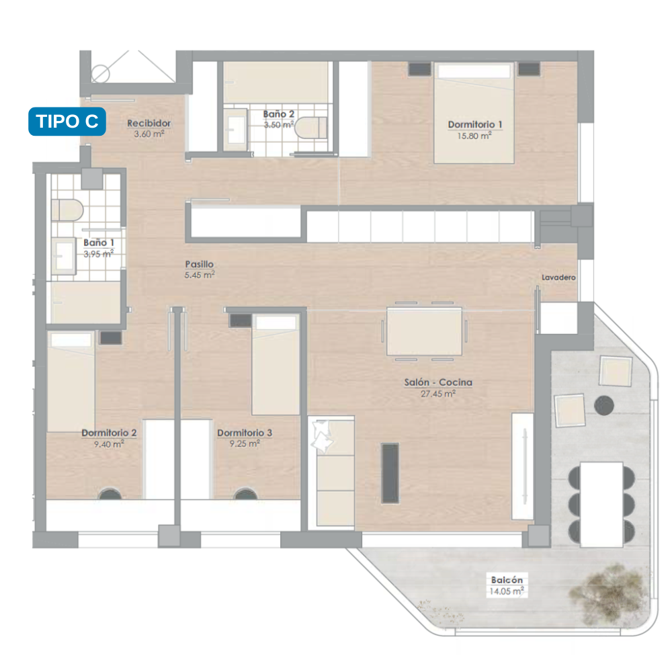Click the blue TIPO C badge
67,121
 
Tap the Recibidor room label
149,123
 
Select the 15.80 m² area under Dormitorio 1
474,136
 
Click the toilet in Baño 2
311,127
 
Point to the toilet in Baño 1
67,210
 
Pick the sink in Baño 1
65,256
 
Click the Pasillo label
200,264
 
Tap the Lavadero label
558,278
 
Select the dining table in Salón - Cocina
424,331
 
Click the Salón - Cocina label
438,382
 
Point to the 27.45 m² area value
438,393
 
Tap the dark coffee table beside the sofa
390,473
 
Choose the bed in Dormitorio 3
276,365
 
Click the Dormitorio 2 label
109,433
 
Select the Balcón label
507,580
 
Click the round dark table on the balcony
604,405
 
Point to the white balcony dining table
601,504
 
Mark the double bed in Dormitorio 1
474,113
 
